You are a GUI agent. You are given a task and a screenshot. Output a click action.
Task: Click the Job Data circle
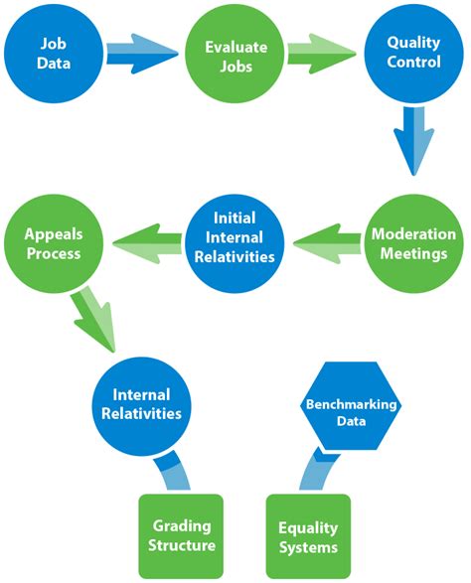[x=54, y=54]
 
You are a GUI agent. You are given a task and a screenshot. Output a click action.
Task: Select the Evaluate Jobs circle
[x=235, y=54]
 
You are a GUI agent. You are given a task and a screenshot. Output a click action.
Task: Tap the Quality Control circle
[x=413, y=54]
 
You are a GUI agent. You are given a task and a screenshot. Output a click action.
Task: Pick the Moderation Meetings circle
[x=413, y=243]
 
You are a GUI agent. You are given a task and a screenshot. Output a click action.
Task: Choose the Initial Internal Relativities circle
[x=235, y=243]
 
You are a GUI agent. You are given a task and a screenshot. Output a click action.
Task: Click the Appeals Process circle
[x=54, y=243]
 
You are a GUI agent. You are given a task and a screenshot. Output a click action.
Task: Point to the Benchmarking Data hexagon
[x=351, y=405]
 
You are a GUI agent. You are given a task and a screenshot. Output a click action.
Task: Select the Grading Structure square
[x=181, y=536]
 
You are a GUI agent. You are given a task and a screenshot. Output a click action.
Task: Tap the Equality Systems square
[x=308, y=536]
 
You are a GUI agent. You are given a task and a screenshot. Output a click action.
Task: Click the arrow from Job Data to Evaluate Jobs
[x=143, y=54]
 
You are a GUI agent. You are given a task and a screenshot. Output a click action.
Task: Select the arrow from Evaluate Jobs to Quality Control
[x=322, y=54]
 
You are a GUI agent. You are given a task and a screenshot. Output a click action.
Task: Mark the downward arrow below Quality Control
[x=413, y=141]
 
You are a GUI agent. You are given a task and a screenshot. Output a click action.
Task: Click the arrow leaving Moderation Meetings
[x=327, y=243]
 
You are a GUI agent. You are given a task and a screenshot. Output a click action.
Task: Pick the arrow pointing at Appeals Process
[x=147, y=243]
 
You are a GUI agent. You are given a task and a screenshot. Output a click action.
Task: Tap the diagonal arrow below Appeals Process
[x=93, y=319]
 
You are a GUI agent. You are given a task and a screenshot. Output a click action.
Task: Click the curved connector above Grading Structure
[x=173, y=472]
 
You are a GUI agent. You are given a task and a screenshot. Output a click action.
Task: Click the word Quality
[x=413, y=43]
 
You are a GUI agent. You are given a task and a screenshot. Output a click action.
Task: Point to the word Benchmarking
[x=351, y=404]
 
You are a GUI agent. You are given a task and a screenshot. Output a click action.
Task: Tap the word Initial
[x=235, y=218]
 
